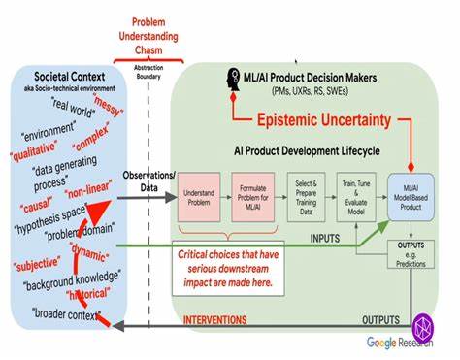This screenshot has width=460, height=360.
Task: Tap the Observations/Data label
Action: point(148,180)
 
